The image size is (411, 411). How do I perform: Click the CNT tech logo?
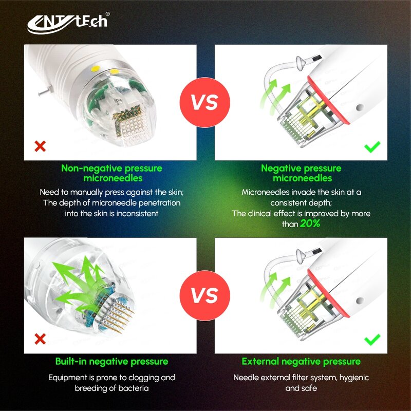68,24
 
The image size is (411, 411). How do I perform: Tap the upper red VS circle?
204,102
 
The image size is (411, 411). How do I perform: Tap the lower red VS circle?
204,296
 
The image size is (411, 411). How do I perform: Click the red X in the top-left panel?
40,146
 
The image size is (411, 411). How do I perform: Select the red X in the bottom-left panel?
40,339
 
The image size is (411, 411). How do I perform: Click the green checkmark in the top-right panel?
372,147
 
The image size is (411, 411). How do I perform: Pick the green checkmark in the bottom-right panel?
372,340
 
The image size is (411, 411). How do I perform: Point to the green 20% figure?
310,223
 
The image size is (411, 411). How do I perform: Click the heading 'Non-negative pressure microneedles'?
112,173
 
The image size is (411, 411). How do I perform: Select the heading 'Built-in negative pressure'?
111,362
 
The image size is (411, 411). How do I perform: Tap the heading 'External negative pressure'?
301,362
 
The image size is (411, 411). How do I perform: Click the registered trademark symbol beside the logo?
107,14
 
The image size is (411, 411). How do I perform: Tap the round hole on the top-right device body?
360,107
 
